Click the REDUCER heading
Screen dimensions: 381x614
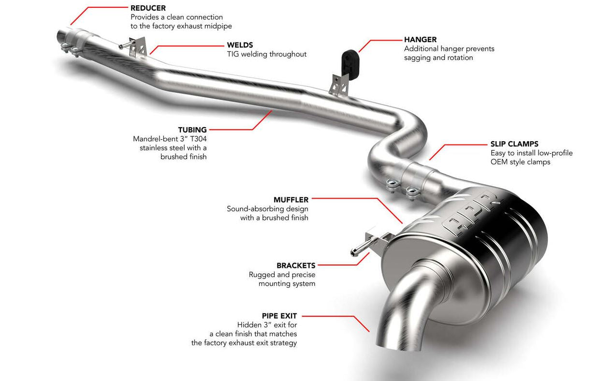coord(148,8)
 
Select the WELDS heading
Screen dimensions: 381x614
coord(240,45)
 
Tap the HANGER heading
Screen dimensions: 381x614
coord(420,40)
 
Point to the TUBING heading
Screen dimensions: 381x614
coord(192,130)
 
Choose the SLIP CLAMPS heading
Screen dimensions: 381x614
coord(514,144)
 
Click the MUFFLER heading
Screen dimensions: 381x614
coord(291,199)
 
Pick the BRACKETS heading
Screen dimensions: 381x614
coord(296,265)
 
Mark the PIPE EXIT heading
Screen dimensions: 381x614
coord(279,316)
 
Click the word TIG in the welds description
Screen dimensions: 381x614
coord(233,54)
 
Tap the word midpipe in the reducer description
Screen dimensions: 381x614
coord(226,26)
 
